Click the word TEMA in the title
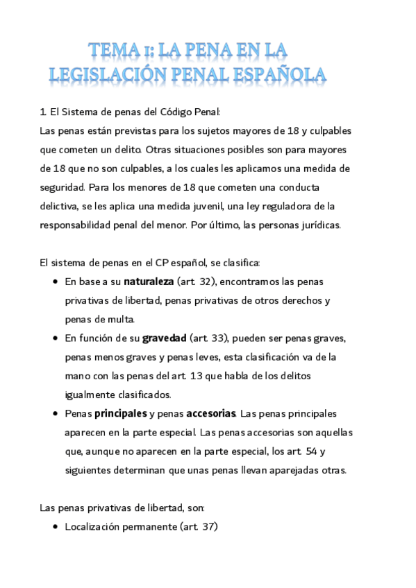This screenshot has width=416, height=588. click(x=114, y=49)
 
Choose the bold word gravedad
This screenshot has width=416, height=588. click(x=165, y=338)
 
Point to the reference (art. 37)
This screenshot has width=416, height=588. click(x=199, y=526)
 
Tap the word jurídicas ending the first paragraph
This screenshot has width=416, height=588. click(x=317, y=225)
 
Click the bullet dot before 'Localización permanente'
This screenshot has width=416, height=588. click(x=55, y=527)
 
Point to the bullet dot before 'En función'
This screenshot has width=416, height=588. click(x=55, y=339)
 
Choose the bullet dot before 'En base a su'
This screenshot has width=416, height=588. click(x=55, y=282)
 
